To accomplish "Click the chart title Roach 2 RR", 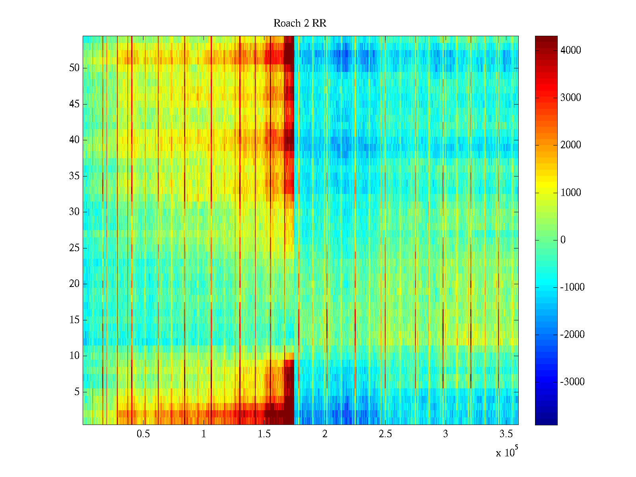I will click(x=300, y=23).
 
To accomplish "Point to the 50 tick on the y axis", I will click(x=74, y=68).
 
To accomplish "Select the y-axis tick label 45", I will click(x=74, y=104).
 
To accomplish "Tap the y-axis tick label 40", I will click(x=74, y=140).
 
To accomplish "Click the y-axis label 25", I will click(x=74, y=248).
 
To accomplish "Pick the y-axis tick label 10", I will click(x=74, y=356).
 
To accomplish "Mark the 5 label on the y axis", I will click(x=76, y=392).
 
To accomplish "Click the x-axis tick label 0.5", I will click(x=143, y=434).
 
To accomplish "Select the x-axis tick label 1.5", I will click(x=264, y=434).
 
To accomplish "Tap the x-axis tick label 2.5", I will click(x=385, y=434).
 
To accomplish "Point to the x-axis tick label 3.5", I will click(x=506, y=434).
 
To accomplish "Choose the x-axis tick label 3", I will click(x=445, y=434).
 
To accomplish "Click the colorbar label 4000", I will click(x=571, y=50).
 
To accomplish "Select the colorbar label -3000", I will click(x=572, y=382).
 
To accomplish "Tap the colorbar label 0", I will click(x=563, y=240).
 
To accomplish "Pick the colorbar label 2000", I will click(x=571, y=145).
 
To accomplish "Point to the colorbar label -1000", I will click(x=572, y=287).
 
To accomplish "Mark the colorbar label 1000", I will click(x=571, y=193).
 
